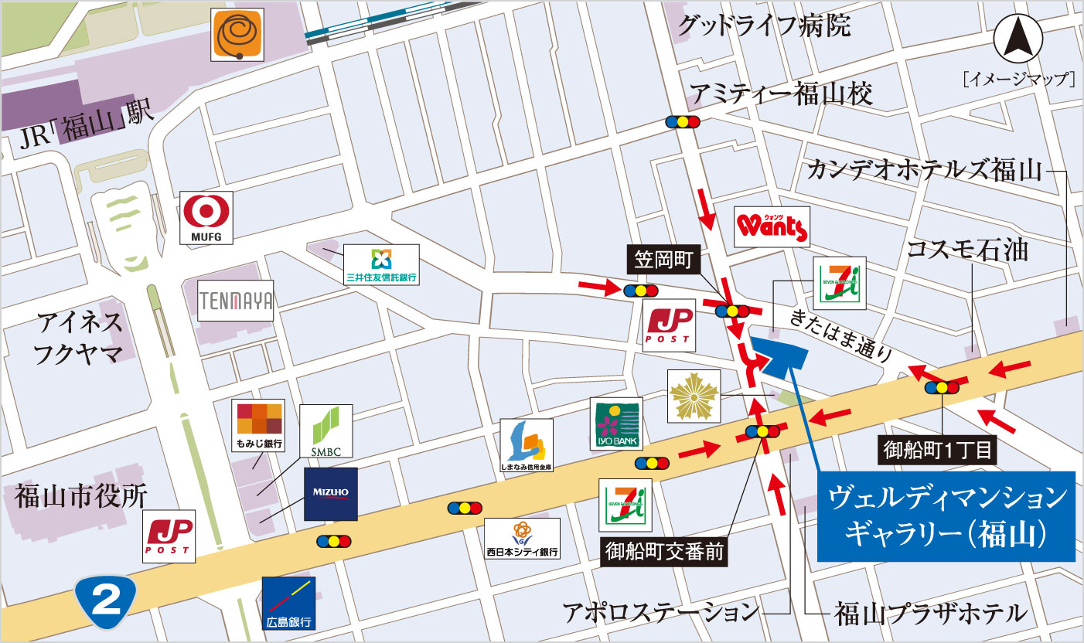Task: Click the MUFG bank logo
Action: [206, 219]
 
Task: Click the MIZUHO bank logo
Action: [330, 494]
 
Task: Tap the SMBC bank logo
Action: [326, 430]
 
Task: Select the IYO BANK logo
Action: [616, 425]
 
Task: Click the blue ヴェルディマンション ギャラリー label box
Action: [946, 516]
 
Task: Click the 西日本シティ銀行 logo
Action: [523, 538]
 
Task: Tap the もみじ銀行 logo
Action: [258, 426]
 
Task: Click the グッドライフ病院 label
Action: [764, 26]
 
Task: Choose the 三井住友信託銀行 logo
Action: [381, 264]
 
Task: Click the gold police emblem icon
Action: [694, 396]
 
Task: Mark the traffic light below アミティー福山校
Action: [683, 122]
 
